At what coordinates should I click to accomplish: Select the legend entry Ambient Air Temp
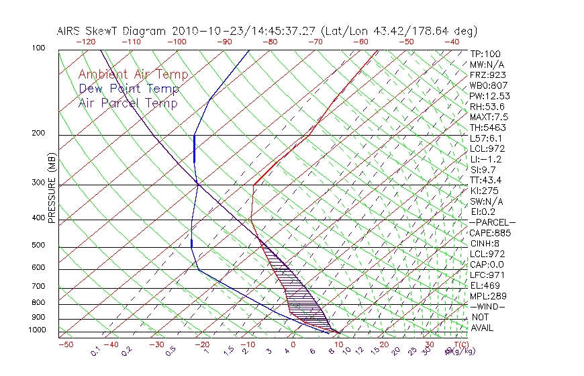[x=134, y=75]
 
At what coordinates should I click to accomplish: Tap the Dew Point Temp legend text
[x=129, y=89]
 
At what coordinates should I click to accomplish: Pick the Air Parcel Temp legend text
[x=128, y=103]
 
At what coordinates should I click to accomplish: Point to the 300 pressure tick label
[x=38, y=183]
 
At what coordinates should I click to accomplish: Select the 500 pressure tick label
[x=38, y=246]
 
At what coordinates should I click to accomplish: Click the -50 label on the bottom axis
[x=65, y=344]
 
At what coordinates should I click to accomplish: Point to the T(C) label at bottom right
[x=460, y=344]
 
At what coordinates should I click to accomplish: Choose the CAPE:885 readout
[x=490, y=233]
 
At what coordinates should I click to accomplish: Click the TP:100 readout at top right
[x=485, y=54]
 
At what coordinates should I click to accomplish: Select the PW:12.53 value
[x=490, y=96]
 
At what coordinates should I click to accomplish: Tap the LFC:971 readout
[x=487, y=275]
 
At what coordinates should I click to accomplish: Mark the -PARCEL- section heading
[x=493, y=222]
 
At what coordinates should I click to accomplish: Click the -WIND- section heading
[x=488, y=306]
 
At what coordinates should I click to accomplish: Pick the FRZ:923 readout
[x=487, y=75]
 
